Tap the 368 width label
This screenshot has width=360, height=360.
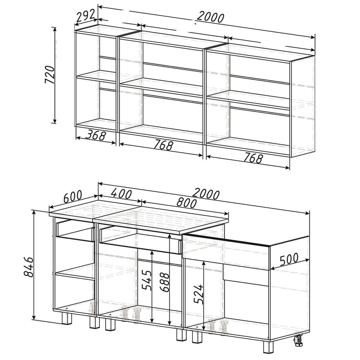coord(95,135)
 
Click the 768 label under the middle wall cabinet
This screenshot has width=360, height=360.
coord(163,145)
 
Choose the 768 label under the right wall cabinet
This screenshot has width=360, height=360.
coord(253,158)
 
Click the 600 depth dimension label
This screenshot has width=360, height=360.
coord(72,197)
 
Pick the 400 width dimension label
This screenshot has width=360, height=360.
coord(121,194)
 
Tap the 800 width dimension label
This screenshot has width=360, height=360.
coord(186,203)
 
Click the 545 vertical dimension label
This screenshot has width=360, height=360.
coord(147,280)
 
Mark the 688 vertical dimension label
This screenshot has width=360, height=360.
coord(165,282)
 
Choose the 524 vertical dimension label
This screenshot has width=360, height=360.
coord(199,294)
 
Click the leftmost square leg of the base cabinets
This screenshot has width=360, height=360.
coord(67,318)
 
